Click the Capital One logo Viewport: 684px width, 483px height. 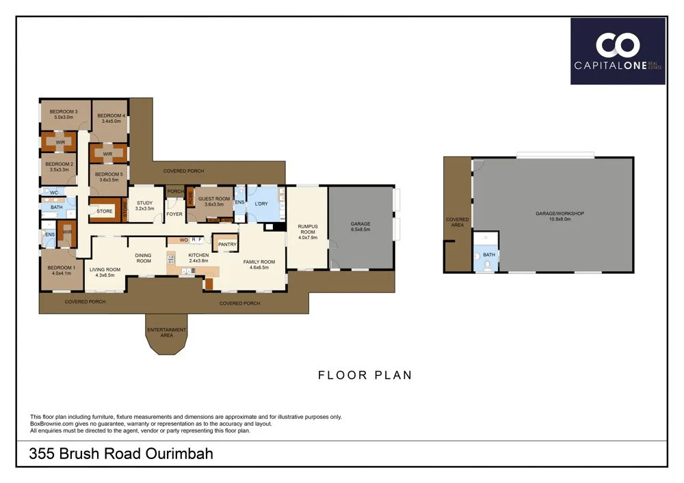pos(618,51)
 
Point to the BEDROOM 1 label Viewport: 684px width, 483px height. pos(59,270)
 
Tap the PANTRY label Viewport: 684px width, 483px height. pos(227,244)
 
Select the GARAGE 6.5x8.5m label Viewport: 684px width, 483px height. pos(360,226)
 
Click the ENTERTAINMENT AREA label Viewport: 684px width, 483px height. pos(167,332)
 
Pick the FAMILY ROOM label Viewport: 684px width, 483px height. pos(259,264)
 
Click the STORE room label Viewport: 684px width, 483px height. pos(105,212)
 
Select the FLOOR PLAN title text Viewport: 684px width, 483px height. pos(365,375)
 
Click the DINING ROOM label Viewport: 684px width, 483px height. pos(144,258)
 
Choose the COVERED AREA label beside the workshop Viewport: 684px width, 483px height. pos(458,222)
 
